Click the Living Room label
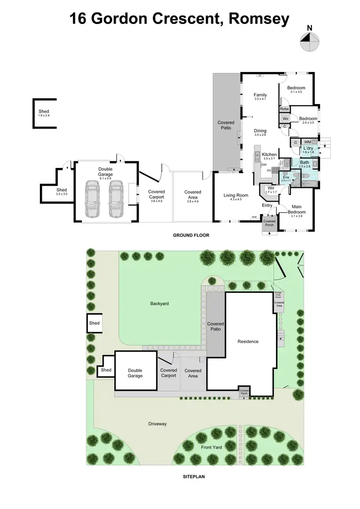[236, 195]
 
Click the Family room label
[260, 95]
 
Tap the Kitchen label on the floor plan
[269, 154]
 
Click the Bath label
[305, 163]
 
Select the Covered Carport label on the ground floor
[156, 194]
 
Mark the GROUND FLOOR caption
[191, 236]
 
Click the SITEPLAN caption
[193, 477]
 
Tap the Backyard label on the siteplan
[160, 304]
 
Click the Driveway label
[157, 424]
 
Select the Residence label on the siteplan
[248, 342]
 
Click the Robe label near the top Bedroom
[284, 109]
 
